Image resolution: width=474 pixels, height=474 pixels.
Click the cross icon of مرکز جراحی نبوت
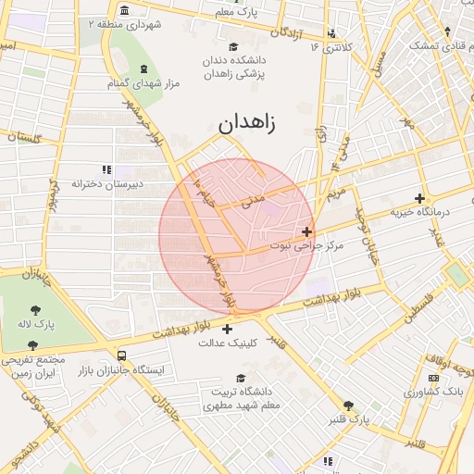click(307, 231)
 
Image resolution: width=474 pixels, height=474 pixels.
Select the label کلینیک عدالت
click(227, 343)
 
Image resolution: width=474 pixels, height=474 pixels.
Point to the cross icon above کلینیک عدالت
click(227, 327)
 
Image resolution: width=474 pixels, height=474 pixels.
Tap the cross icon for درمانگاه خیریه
click(420, 198)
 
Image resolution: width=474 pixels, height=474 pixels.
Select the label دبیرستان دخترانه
click(106, 184)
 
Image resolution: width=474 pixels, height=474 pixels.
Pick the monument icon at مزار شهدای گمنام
click(143, 69)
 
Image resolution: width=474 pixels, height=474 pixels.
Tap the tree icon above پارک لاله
click(36, 310)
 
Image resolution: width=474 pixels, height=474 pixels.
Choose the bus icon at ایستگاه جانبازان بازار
click(122, 355)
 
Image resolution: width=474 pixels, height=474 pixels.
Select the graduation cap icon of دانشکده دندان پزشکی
click(234, 45)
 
